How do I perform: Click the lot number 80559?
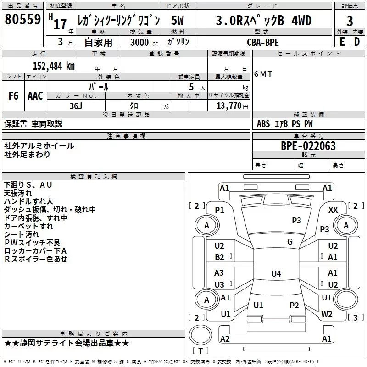22,20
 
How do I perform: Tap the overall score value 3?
350,21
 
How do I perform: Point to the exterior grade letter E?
342,41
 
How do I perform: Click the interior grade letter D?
357,41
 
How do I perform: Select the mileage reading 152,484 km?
53,66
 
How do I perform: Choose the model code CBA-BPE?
262,42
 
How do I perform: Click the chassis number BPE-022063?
308,146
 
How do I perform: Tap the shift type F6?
13,96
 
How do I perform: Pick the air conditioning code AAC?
35,96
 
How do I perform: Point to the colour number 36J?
76,105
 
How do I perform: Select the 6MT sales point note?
263,74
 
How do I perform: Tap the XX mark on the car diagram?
334,210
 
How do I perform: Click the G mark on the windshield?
289,242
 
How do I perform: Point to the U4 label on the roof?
276,274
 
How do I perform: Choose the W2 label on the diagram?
327,314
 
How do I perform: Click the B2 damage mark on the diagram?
220,257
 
